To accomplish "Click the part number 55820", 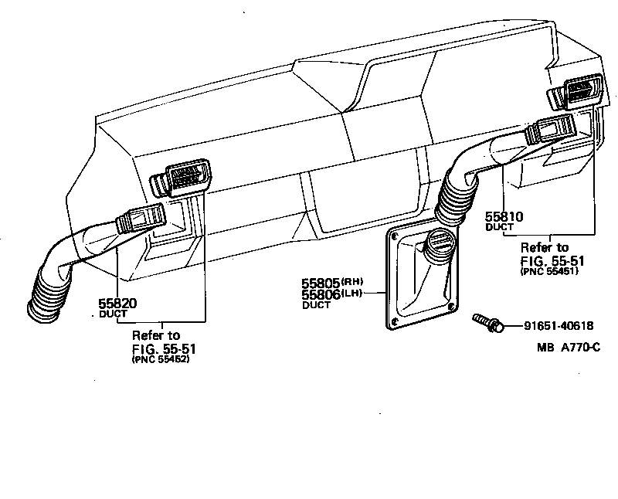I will tap(117, 304).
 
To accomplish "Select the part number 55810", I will tap(504, 217).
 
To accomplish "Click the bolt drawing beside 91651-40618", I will tap(486, 322).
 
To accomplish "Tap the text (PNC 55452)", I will tap(161, 360).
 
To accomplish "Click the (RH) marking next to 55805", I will tap(352, 282).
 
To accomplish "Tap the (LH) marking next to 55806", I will tap(352, 294).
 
